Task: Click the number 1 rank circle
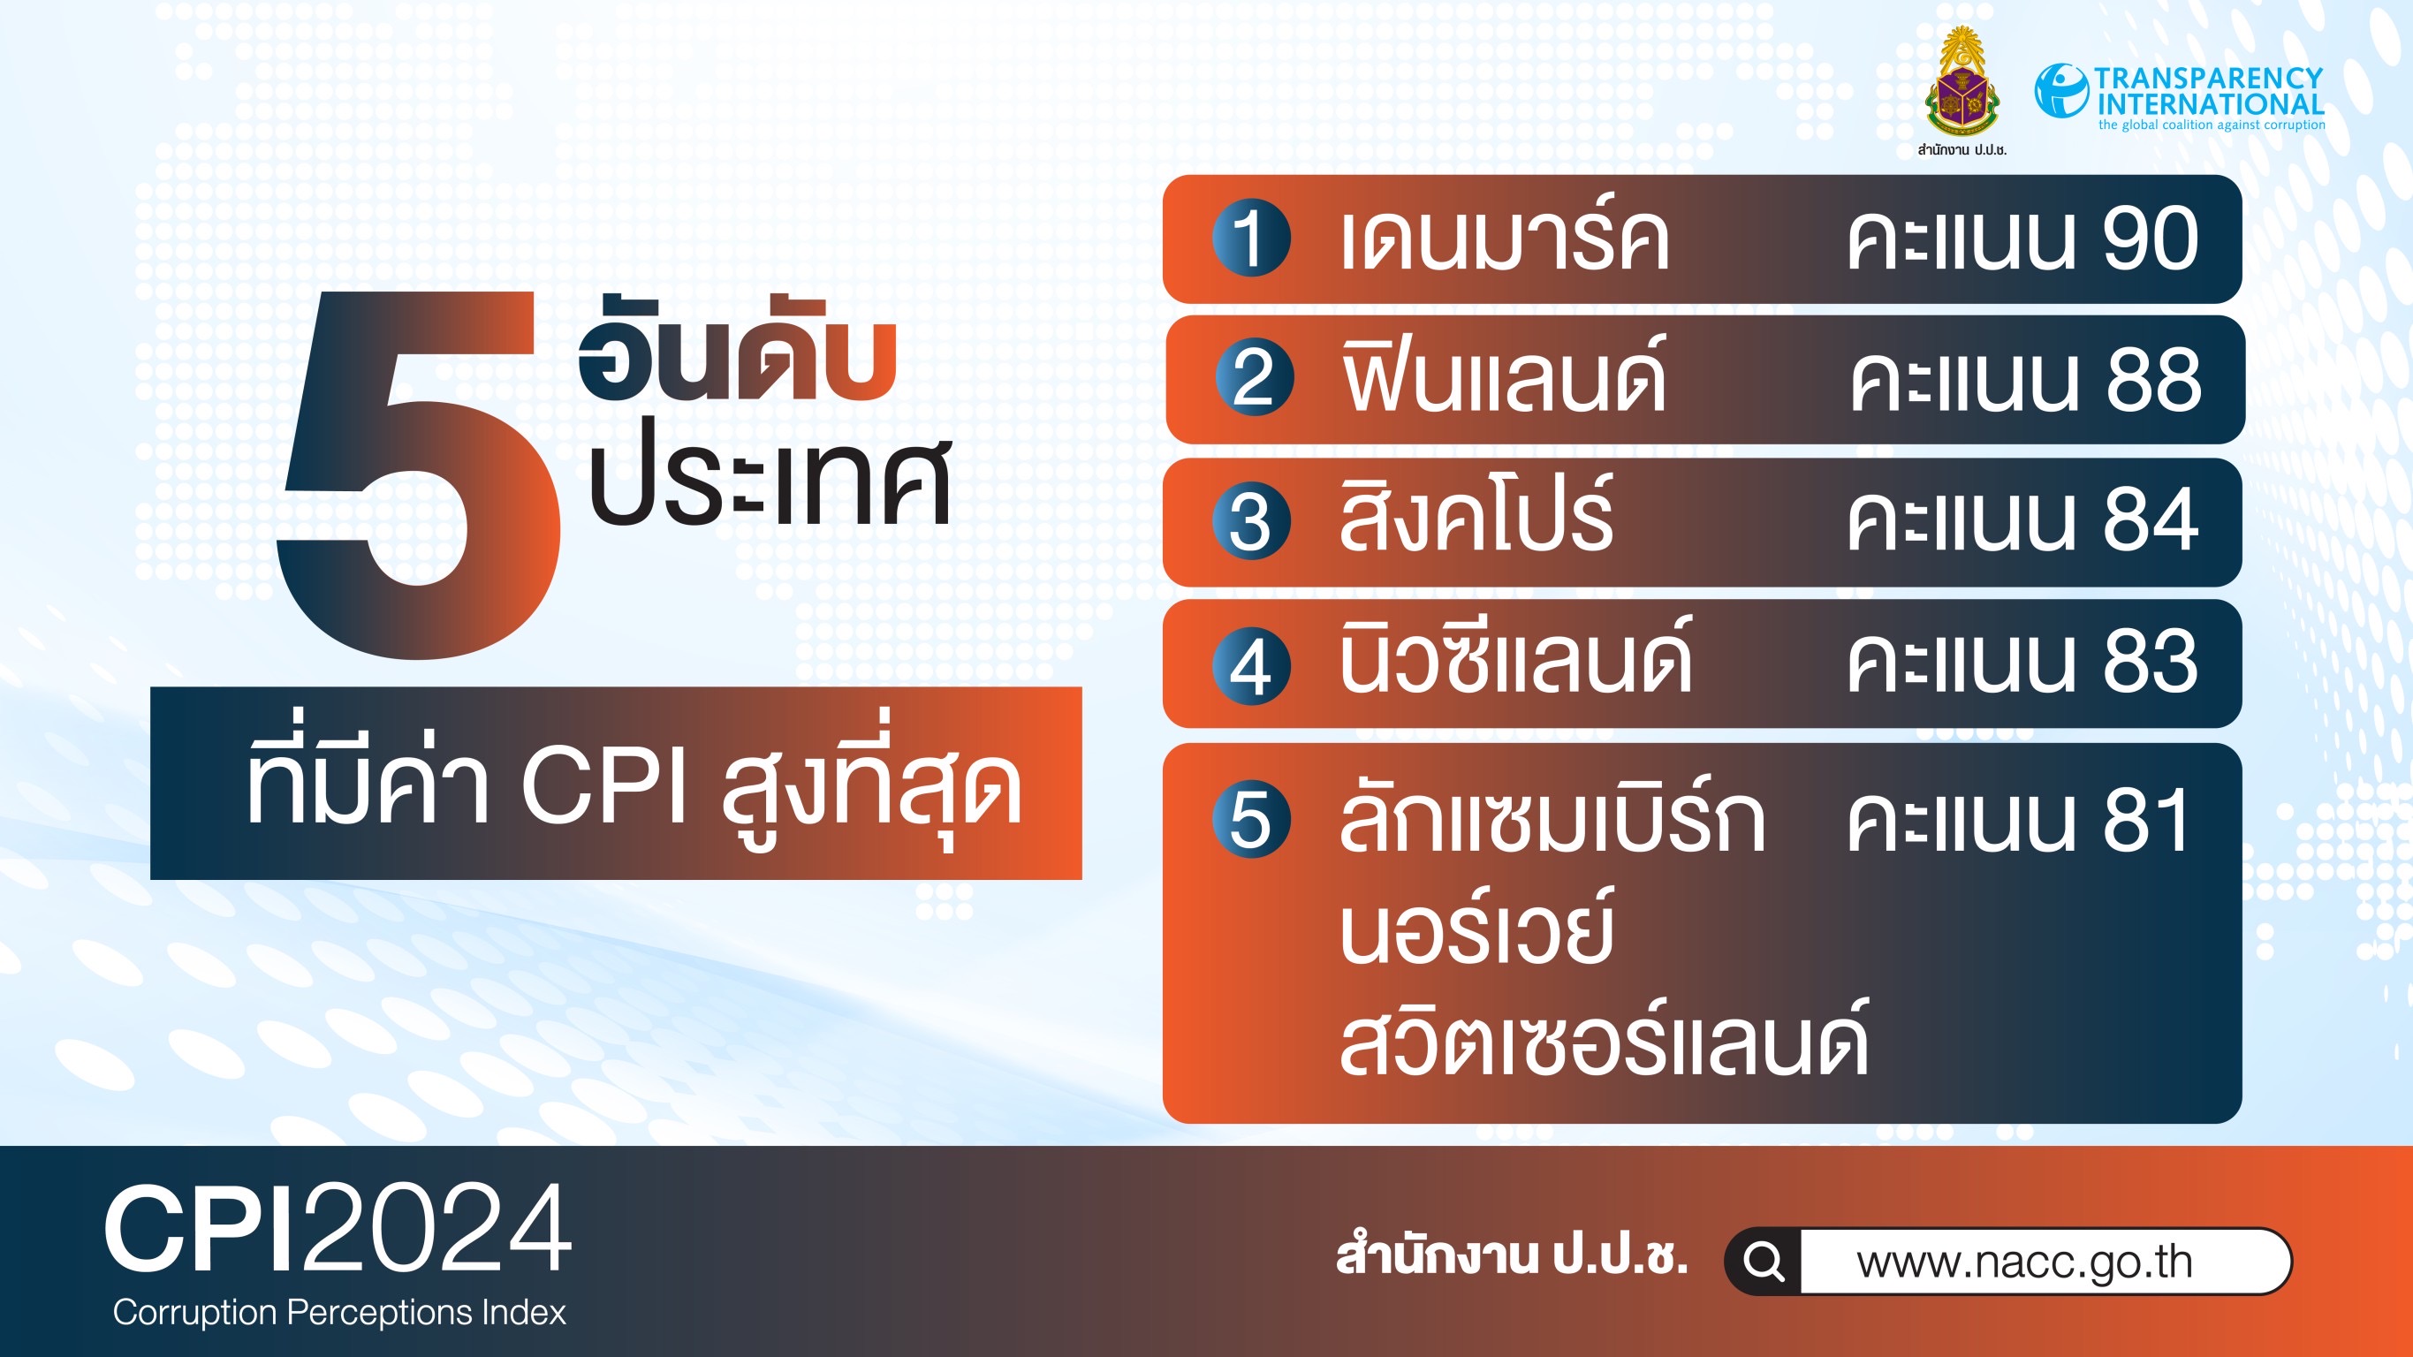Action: tap(1250, 238)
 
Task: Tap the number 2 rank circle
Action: tap(1255, 377)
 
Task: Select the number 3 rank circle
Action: tap(1250, 520)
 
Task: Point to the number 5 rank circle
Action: tap(1250, 818)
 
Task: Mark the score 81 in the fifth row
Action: tap(2144, 820)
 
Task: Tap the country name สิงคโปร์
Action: tap(1476, 513)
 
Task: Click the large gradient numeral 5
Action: tap(420, 474)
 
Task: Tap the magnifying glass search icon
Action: tap(1764, 1262)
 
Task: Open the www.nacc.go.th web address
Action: tap(2024, 1262)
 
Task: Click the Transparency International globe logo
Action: tap(2060, 90)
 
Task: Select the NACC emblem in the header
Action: tap(1961, 82)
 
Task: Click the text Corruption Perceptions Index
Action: tap(339, 1313)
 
